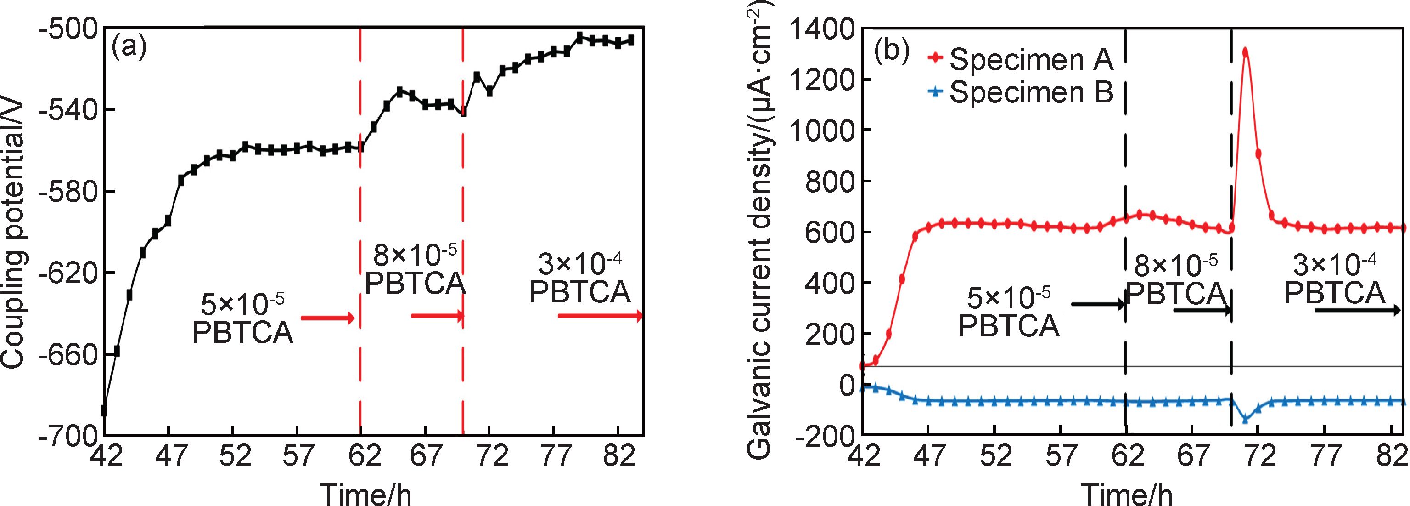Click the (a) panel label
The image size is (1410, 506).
129,48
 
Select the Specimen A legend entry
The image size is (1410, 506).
1020,59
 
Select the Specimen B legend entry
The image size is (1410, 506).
1020,92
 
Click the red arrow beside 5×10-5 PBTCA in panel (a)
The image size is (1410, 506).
327,317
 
